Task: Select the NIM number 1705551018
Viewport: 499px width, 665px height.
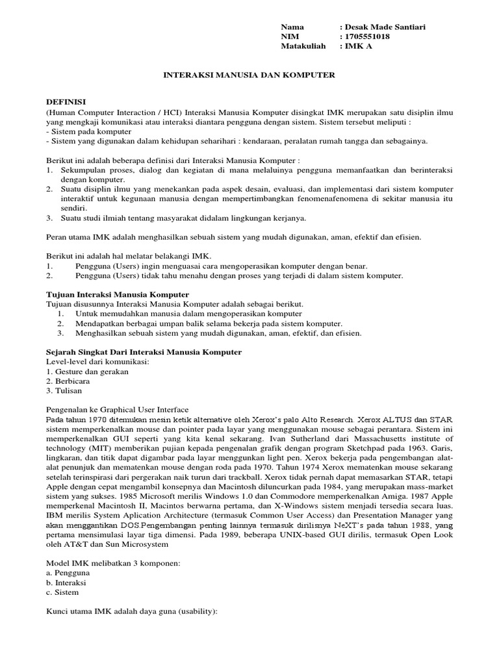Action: pos(370,37)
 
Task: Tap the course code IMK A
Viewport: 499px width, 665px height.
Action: pos(359,47)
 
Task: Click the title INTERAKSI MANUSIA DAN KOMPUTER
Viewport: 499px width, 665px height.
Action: pos(248,75)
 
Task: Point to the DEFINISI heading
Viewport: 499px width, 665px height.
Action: pos(66,103)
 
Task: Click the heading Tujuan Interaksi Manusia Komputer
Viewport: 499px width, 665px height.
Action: pos(113,294)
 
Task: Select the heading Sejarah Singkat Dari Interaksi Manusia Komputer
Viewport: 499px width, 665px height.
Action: pos(144,352)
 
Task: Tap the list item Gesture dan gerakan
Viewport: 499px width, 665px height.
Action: pos(87,371)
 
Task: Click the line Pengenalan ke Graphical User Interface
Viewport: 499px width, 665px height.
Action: pos(117,410)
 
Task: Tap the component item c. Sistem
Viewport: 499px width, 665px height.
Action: pos(62,592)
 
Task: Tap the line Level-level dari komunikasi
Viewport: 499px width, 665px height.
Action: pos(98,362)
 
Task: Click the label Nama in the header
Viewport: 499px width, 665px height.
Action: pos(292,27)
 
